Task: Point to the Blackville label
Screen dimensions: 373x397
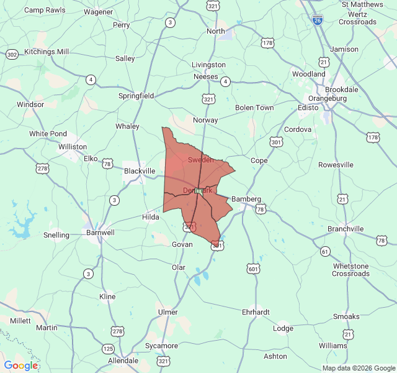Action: pos(140,171)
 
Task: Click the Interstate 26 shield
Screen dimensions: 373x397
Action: pos(318,20)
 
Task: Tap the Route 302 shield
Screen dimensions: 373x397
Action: pos(12,55)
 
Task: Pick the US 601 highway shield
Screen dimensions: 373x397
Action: pos(252,269)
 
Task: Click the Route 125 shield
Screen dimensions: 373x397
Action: pos(108,348)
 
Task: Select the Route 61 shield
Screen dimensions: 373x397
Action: pos(325,251)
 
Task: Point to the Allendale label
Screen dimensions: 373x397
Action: pos(123,361)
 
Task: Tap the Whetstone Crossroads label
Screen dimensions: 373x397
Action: pos(351,270)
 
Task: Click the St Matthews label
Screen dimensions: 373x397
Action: pos(362,4)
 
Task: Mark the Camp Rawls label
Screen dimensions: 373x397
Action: pos(45,11)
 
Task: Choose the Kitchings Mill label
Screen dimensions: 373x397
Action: pos(47,52)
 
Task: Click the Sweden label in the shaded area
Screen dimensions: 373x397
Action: pos(200,160)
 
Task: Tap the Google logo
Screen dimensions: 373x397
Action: pos(21,366)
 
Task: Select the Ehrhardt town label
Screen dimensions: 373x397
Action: pos(256,312)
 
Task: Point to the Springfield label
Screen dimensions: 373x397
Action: pos(136,96)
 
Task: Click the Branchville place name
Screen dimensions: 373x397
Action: pos(346,229)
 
